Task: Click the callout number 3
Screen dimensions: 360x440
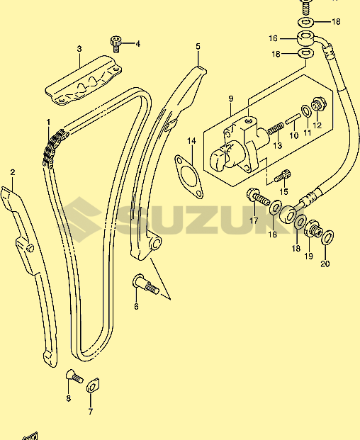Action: pos(79,49)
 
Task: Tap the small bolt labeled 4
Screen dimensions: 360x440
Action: pos(115,44)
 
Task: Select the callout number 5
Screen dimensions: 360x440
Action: pos(198,46)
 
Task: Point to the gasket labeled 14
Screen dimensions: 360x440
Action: pos(189,176)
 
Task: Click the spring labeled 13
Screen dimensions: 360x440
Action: pos(275,128)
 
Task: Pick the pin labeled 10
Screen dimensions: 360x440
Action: pos(293,119)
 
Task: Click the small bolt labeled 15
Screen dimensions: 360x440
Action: pos(282,176)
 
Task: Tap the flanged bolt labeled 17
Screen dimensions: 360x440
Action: pos(257,197)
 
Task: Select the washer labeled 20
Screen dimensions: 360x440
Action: pos(328,237)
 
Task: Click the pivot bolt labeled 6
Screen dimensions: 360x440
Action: pos(145,283)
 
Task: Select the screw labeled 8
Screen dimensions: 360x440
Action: pos(74,376)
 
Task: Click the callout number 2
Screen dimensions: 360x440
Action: pos(12,172)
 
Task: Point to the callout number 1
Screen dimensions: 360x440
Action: pos(48,123)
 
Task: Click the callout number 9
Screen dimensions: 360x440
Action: pos(230,98)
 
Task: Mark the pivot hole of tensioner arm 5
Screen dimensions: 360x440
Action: pos(156,243)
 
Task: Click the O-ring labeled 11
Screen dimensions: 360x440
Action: pos(306,111)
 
